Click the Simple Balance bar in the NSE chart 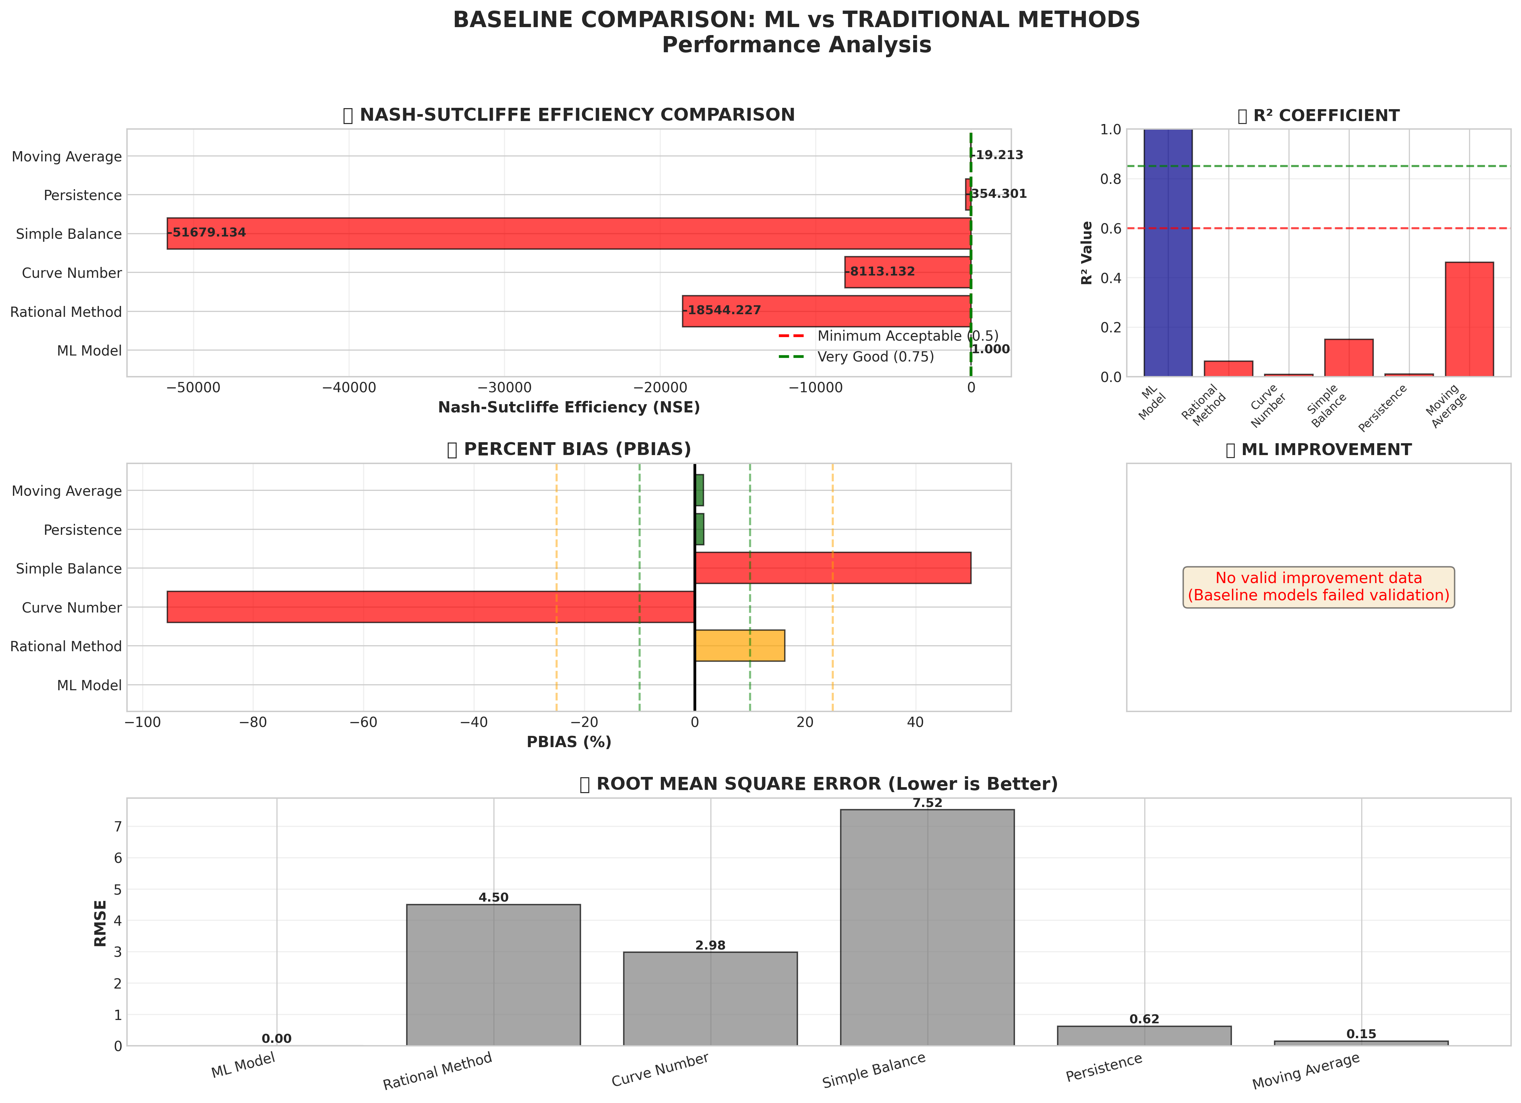(x=569, y=233)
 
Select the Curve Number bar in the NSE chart (x=908, y=272)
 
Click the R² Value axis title (x=1087, y=253)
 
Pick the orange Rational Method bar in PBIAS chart (x=740, y=646)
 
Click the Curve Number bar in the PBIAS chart (x=431, y=607)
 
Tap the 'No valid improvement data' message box (x=1319, y=587)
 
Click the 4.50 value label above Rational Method (x=493, y=897)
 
